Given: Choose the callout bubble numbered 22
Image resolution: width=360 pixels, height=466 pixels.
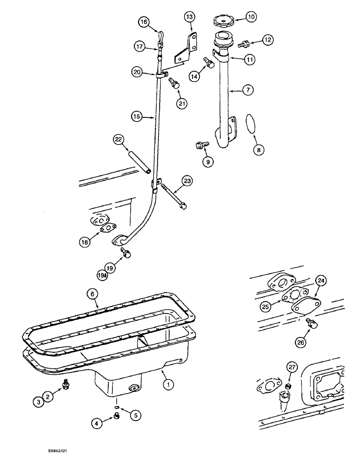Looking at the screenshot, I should (118, 139).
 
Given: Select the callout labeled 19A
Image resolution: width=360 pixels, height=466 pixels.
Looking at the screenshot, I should (102, 276).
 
